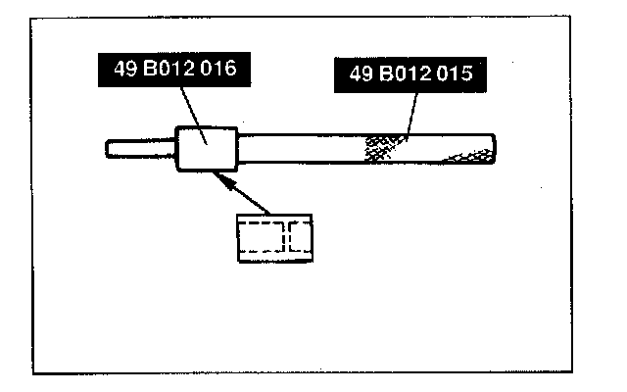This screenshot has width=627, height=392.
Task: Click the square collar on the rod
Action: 207,148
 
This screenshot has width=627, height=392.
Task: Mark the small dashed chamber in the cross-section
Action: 300,238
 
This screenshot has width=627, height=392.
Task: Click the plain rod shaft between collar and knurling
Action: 299,148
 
